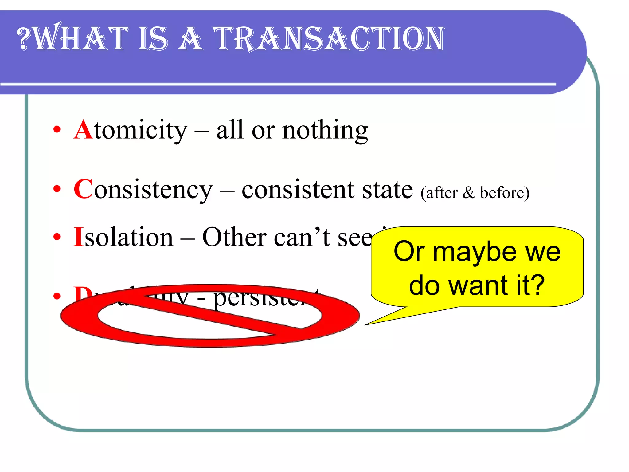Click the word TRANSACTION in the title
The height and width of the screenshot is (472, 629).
329,39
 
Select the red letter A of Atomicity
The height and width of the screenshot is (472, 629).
83,130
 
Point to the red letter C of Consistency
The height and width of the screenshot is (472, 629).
83,190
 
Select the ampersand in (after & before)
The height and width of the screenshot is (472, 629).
469,193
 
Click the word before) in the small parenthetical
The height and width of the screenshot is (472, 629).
505,193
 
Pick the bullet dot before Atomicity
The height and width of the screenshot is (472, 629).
57,129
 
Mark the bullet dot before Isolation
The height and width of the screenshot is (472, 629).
57,237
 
